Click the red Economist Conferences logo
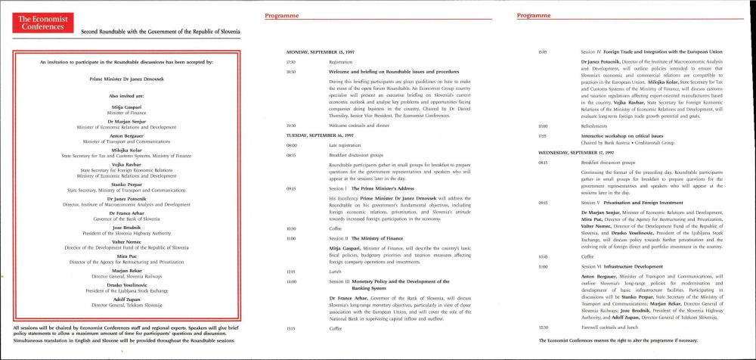pyautogui.click(x=42, y=23)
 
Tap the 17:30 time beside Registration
pyautogui.click(x=291, y=61)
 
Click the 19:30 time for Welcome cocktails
pyautogui.click(x=291, y=125)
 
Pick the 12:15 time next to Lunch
pyautogui.click(x=291, y=270)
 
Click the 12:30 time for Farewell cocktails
pyautogui.click(x=542, y=327)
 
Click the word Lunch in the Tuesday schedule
pyautogui.click(x=336, y=270)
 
